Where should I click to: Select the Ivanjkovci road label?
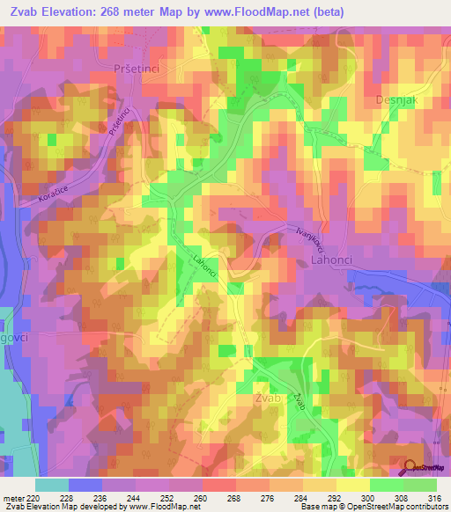tap(303, 241)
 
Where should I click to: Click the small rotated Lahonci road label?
tap(204, 264)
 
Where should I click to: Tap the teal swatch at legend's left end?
tap(52, 484)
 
